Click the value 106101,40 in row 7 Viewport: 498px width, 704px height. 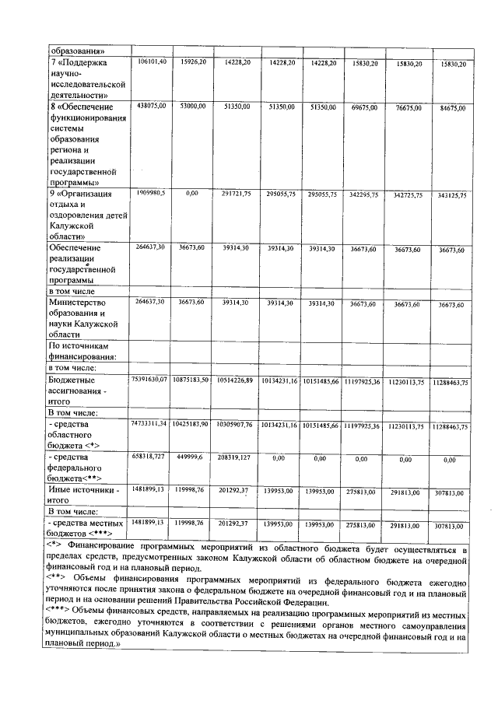tap(151, 61)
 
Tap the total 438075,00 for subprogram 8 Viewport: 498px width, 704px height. tap(151, 105)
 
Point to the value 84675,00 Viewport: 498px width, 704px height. tap(452, 107)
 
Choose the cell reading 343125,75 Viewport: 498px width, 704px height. tap(452, 195)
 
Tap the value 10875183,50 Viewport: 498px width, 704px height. tap(191, 379)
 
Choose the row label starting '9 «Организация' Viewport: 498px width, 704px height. tap(81, 194)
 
